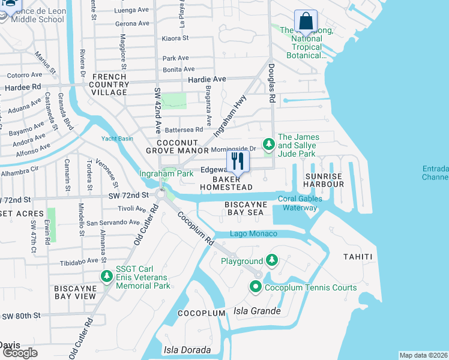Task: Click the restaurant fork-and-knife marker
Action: click(x=238, y=161)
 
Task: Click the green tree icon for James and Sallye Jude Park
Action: click(x=268, y=145)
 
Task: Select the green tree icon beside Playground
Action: click(x=272, y=260)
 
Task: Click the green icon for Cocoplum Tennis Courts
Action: click(x=255, y=287)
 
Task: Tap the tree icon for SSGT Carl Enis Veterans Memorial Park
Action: click(x=107, y=276)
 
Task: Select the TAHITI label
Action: click(x=358, y=257)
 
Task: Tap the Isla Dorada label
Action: click(x=187, y=350)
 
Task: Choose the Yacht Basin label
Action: click(x=117, y=139)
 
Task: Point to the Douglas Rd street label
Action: click(x=271, y=84)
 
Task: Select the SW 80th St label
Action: click(x=20, y=316)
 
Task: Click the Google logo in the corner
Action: click(x=20, y=353)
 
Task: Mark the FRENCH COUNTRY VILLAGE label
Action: click(x=109, y=85)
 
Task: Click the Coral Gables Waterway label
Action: click(x=300, y=203)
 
